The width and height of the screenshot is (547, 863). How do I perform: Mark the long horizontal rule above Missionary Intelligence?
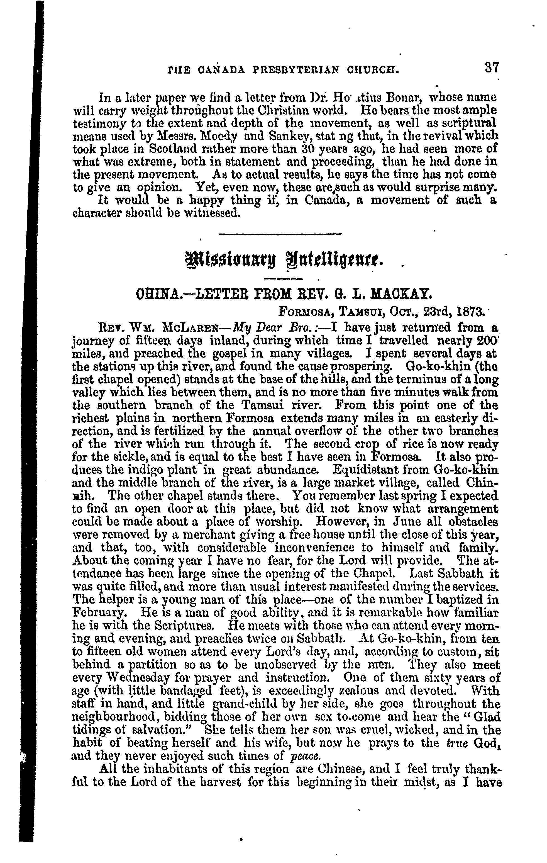tap(280, 234)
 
